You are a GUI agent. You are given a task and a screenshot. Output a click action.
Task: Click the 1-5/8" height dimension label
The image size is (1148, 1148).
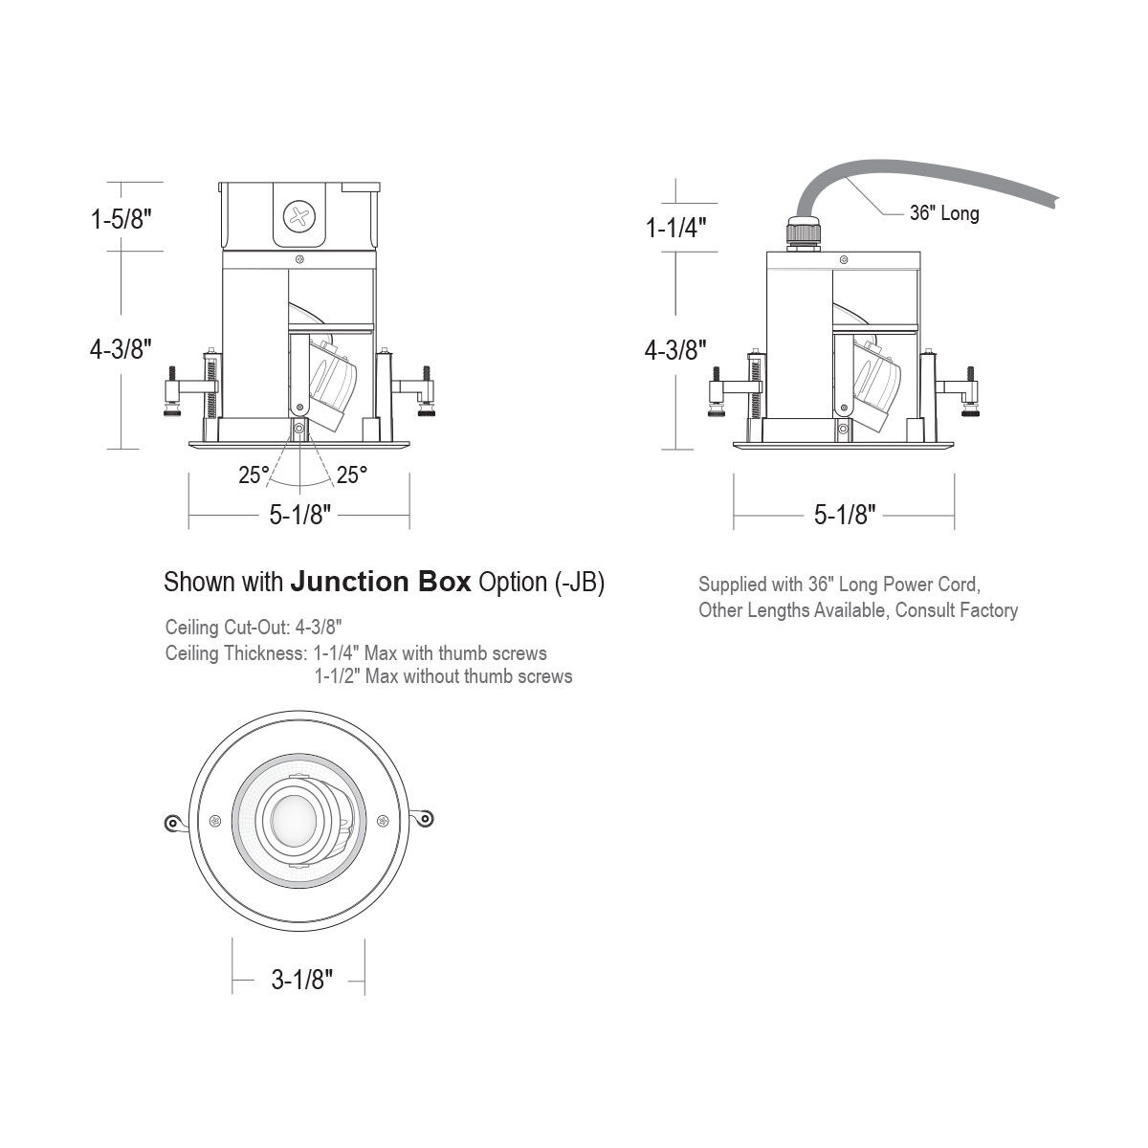point(121,219)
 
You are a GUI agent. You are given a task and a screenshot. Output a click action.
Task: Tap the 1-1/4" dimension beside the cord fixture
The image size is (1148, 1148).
point(676,227)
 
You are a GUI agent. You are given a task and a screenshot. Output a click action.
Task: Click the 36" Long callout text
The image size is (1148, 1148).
point(944,212)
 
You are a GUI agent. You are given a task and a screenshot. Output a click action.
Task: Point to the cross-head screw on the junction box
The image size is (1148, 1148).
point(299,216)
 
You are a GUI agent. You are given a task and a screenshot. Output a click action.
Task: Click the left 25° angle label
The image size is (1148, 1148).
point(254,475)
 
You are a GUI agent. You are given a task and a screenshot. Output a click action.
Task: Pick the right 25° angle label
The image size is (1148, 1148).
point(351,475)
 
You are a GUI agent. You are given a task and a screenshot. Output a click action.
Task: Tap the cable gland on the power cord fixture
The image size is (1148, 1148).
point(803,234)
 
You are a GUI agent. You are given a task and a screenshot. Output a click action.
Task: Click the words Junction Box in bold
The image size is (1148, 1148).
point(381,582)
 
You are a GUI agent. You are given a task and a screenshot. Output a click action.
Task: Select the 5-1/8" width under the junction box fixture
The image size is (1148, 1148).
point(300,515)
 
